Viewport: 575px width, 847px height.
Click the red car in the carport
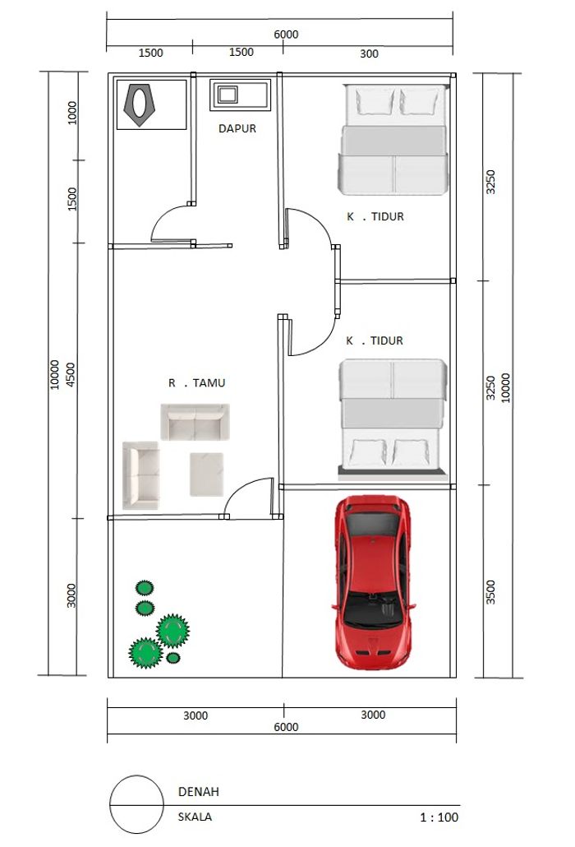[373, 582]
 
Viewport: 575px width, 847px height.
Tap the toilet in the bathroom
[139, 104]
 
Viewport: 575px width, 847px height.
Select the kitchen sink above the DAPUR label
[240, 95]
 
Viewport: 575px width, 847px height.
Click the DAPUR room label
[237, 128]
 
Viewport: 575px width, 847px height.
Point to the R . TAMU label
[197, 383]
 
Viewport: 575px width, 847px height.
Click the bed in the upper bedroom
[393, 139]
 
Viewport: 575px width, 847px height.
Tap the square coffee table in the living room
[207, 474]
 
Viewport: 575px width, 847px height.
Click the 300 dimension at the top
[369, 53]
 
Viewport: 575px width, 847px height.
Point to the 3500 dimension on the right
[490, 592]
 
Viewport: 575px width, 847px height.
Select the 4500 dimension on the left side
[71, 374]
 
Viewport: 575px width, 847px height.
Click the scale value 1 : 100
[439, 817]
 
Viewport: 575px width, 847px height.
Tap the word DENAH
[199, 792]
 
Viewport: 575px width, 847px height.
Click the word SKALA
[195, 817]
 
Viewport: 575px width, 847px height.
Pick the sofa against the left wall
[140, 475]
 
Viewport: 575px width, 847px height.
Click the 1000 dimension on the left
[71, 113]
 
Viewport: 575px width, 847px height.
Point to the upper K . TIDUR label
[375, 216]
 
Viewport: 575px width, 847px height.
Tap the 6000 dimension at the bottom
[286, 727]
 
